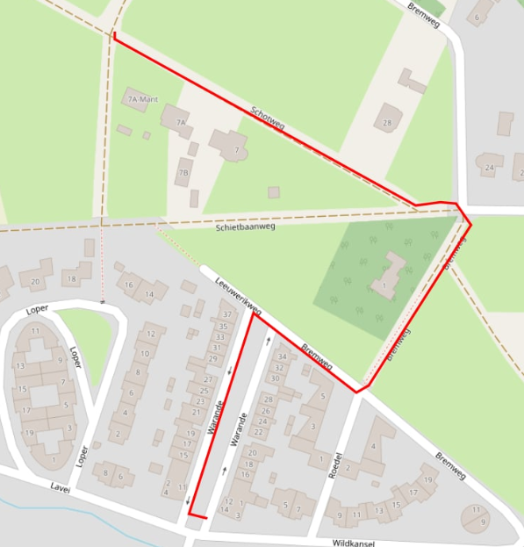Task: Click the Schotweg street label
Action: [x=268, y=119]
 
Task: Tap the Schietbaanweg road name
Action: [x=246, y=227]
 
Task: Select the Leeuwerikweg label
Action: [x=240, y=296]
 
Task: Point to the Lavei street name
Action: [x=60, y=489]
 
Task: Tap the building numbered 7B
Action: [x=183, y=172]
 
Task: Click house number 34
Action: [x=282, y=356]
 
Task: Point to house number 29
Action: [x=213, y=358]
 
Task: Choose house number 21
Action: [x=197, y=412]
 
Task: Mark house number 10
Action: [x=144, y=353]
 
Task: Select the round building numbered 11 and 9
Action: [x=477, y=517]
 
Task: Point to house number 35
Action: [x=221, y=326]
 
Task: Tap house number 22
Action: [x=259, y=431]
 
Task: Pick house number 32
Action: [x=278, y=367]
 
